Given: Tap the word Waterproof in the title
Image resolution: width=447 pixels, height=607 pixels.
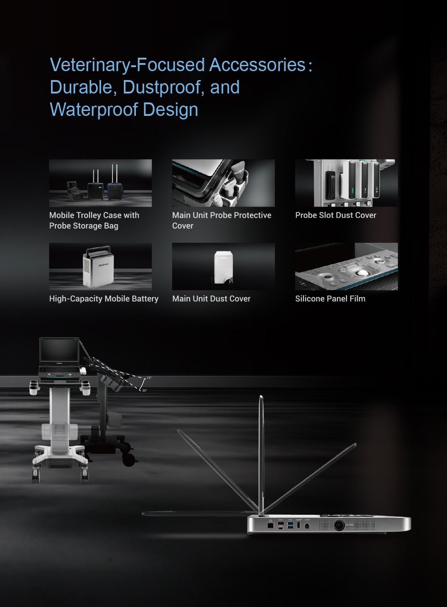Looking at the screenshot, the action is (94, 110).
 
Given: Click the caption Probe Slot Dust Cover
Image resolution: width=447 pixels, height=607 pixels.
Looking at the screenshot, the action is (336, 215).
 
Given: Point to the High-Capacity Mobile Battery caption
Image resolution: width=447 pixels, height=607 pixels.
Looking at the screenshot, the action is (104, 299).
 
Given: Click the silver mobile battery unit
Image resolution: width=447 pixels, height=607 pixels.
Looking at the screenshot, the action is (98, 267).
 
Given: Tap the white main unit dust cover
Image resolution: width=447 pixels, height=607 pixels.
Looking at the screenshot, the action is (223, 267).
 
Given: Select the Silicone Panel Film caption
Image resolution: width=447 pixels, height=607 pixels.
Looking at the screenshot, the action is (330, 299).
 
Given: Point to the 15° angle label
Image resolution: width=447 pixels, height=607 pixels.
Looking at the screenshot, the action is (149, 378).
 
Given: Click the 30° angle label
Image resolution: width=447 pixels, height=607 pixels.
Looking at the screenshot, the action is (144, 391).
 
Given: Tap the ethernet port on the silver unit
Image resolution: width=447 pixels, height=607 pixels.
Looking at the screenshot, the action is (270, 526).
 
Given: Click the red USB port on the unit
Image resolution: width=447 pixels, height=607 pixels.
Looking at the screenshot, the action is (281, 523).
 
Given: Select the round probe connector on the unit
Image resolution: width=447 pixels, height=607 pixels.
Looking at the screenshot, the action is (339, 525).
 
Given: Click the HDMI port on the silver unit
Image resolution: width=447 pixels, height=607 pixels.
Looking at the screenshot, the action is (299, 525).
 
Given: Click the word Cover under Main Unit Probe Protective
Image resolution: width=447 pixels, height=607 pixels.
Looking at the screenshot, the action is (183, 226).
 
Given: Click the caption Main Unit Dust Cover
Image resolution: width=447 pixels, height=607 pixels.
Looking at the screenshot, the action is (211, 299).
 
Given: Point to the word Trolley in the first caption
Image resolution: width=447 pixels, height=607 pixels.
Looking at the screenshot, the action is (89, 215).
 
